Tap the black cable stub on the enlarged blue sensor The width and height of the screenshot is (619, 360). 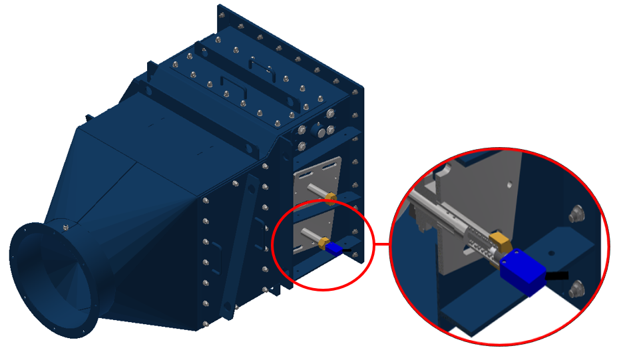[x=558, y=275]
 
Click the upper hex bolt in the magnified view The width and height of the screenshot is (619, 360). [x=576, y=214]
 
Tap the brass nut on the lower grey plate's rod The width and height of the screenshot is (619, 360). [x=324, y=242]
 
